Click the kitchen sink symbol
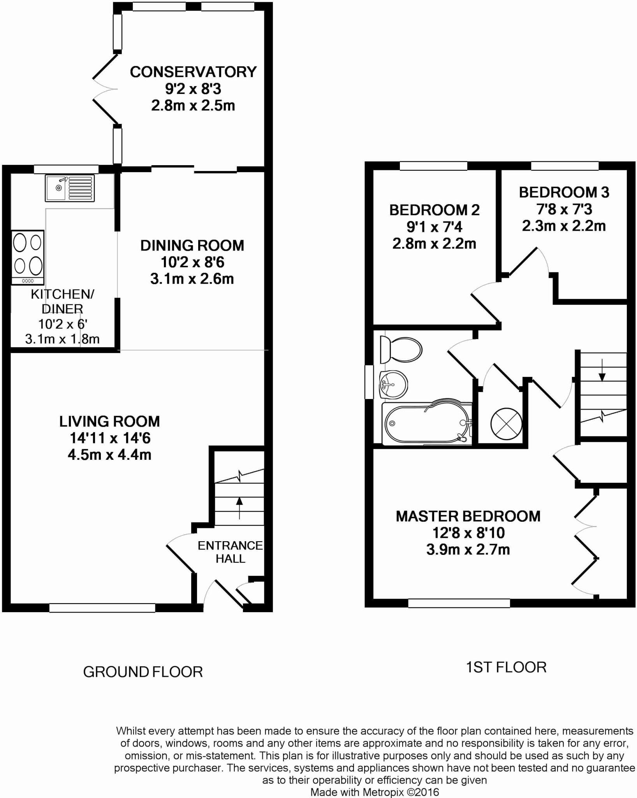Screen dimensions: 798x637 click(x=70, y=188)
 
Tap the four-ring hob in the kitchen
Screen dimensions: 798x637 click(x=27, y=257)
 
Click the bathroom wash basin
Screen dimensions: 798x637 click(x=393, y=385)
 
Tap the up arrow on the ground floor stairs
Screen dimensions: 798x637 click(x=239, y=508)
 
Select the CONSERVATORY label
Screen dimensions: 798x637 click(x=193, y=72)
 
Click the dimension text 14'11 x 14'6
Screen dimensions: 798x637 click(x=110, y=438)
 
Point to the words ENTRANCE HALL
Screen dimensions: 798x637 click(x=230, y=552)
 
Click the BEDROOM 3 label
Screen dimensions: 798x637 click(x=564, y=192)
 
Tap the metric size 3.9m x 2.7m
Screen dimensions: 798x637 click(x=468, y=550)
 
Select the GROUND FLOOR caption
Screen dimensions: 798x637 click(x=143, y=672)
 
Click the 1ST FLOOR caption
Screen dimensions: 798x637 click(x=506, y=667)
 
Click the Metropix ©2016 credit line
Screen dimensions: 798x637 click(x=375, y=792)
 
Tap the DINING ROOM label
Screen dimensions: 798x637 click(x=192, y=245)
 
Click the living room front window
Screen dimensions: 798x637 click(x=102, y=608)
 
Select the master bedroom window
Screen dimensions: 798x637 click(x=459, y=603)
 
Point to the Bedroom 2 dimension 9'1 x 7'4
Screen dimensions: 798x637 click(x=434, y=227)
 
